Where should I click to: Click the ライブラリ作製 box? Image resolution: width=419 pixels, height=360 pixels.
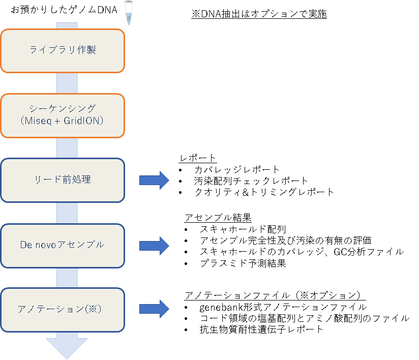pyautogui.click(x=63, y=50)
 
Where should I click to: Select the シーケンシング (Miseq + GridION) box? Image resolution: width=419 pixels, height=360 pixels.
pyautogui.click(x=63, y=115)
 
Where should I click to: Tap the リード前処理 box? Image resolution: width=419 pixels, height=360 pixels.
pyautogui.click(x=63, y=180)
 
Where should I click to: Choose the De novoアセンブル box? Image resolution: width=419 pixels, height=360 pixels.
pyautogui.click(x=63, y=245)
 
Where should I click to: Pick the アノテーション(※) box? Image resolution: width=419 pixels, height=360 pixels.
pyautogui.click(x=63, y=309)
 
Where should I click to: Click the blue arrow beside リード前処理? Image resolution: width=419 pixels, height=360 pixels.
pyautogui.click(x=154, y=180)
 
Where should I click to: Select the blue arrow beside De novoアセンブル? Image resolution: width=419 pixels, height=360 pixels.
pyautogui.click(x=154, y=245)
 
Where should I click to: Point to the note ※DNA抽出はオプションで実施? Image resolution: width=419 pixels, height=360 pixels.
pyautogui.click(x=259, y=14)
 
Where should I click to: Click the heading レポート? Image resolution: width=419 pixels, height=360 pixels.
pyautogui.click(x=198, y=158)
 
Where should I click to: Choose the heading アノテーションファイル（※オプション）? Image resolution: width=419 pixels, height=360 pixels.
pyautogui.click(x=275, y=295)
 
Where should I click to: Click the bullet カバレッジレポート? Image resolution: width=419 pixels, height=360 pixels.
pyautogui.click(x=237, y=169)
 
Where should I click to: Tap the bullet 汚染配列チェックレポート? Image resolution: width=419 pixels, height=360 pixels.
pyautogui.click(x=251, y=181)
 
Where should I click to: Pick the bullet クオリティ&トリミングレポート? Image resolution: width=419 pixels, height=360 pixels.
pyautogui.click(x=264, y=192)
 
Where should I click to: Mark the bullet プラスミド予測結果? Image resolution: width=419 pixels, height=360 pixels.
pyautogui.click(x=243, y=263)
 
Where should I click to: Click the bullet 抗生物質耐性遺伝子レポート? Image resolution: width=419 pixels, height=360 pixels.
pyautogui.click(x=261, y=329)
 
